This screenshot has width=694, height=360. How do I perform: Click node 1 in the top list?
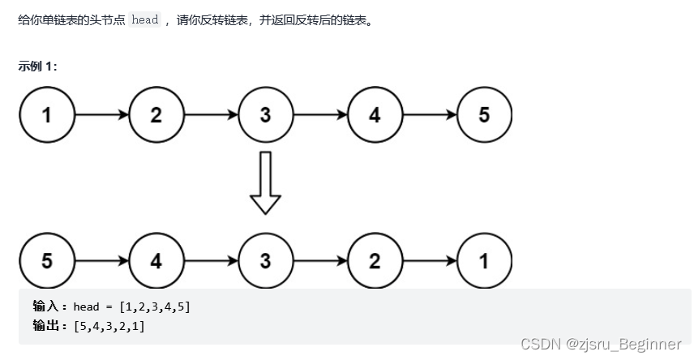point(47,115)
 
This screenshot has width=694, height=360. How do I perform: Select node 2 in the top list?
point(156,115)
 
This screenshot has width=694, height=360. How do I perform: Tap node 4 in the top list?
point(375,115)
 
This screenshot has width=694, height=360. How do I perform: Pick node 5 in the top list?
point(484,115)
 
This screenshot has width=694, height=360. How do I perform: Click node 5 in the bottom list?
point(47,261)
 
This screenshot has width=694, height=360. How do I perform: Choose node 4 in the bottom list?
point(156,261)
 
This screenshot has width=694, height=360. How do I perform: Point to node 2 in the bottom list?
point(375,261)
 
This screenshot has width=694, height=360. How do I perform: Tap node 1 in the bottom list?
point(484,261)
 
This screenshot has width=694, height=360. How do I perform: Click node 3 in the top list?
point(265,115)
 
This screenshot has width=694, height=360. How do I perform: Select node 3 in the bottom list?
point(265,261)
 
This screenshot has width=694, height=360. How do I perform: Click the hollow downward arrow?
point(265,183)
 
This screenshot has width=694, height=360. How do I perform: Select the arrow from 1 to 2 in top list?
point(101,115)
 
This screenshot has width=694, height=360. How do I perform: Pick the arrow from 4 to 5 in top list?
point(429,115)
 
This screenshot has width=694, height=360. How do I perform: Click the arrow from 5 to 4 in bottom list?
point(101,261)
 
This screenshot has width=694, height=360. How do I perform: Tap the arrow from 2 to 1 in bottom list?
point(429,261)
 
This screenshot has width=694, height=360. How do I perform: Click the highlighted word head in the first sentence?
point(145,20)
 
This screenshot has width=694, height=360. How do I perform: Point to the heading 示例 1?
point(37,66)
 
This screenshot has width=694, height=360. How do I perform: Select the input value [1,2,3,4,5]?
point(154,307)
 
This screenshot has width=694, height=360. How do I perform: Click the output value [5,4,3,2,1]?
point(109,326)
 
